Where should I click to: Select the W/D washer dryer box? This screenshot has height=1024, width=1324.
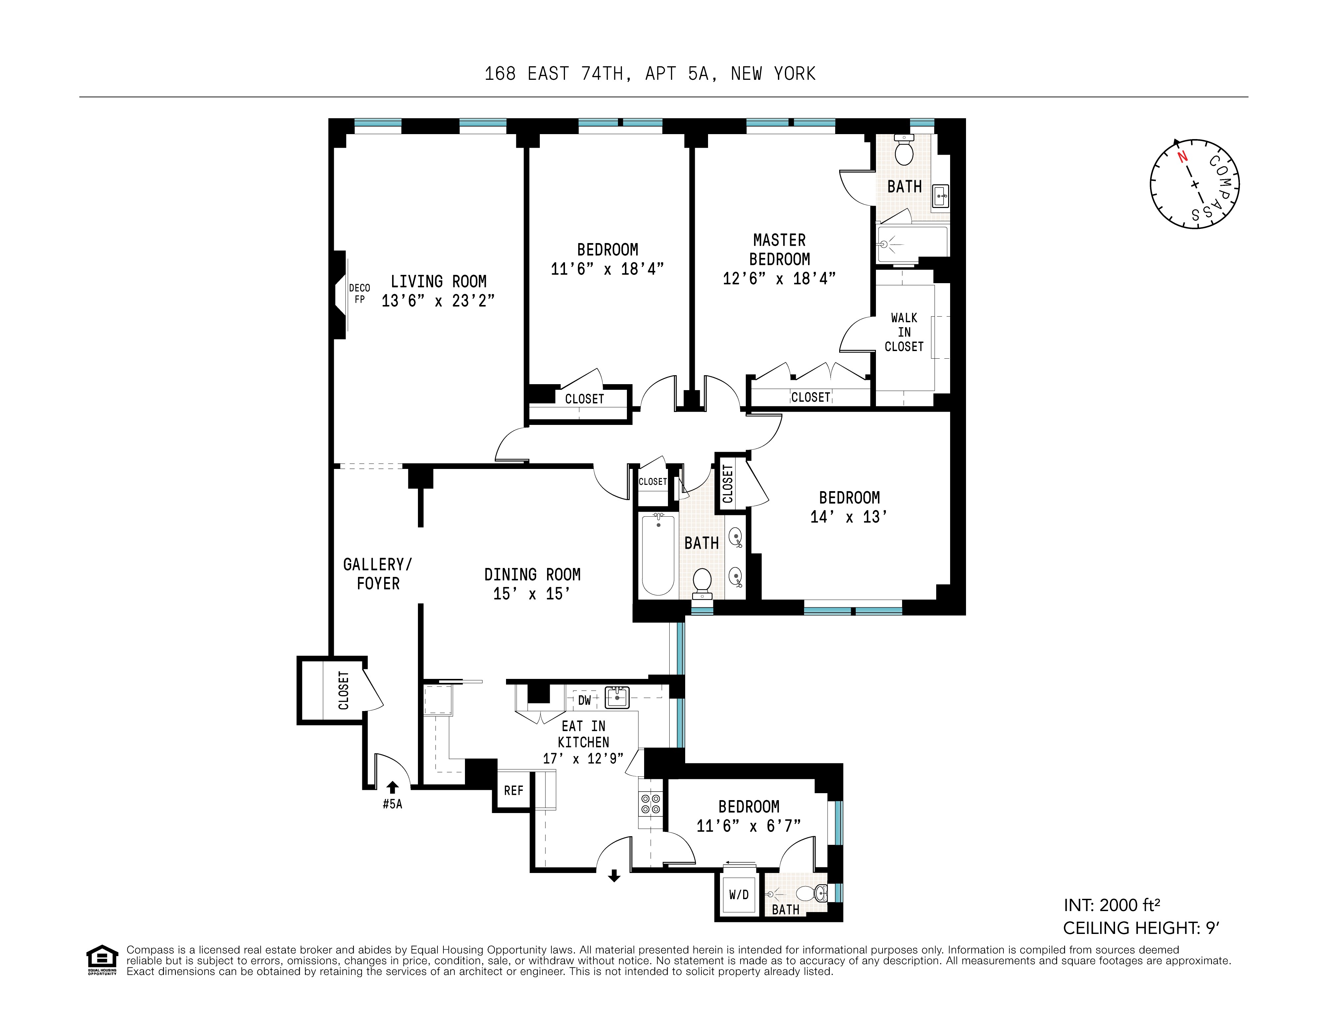(x=739, y=894)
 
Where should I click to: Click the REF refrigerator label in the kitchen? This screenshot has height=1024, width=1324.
(x=514, y=791)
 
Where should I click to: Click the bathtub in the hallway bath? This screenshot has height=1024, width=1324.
(x=658, y=555)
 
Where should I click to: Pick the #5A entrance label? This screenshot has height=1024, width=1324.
(x=392, y=804)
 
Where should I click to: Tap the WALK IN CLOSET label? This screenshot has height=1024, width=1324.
(x=904, y=332)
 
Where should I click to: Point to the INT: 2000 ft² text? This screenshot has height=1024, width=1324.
(x=1112, y=905)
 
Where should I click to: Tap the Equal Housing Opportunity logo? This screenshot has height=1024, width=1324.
(x=102, y=960)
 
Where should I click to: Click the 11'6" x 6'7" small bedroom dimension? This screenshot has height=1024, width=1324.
(x=749, y=826)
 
